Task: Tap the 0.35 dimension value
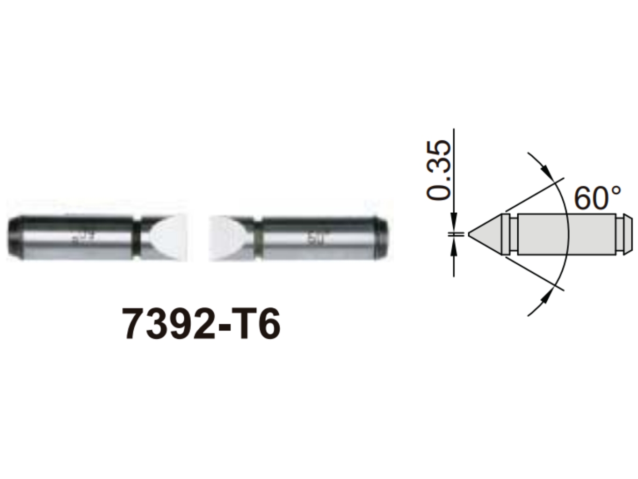pos(440,171)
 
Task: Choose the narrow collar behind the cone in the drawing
pos(505,234)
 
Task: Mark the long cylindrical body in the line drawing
pos(566,234)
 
